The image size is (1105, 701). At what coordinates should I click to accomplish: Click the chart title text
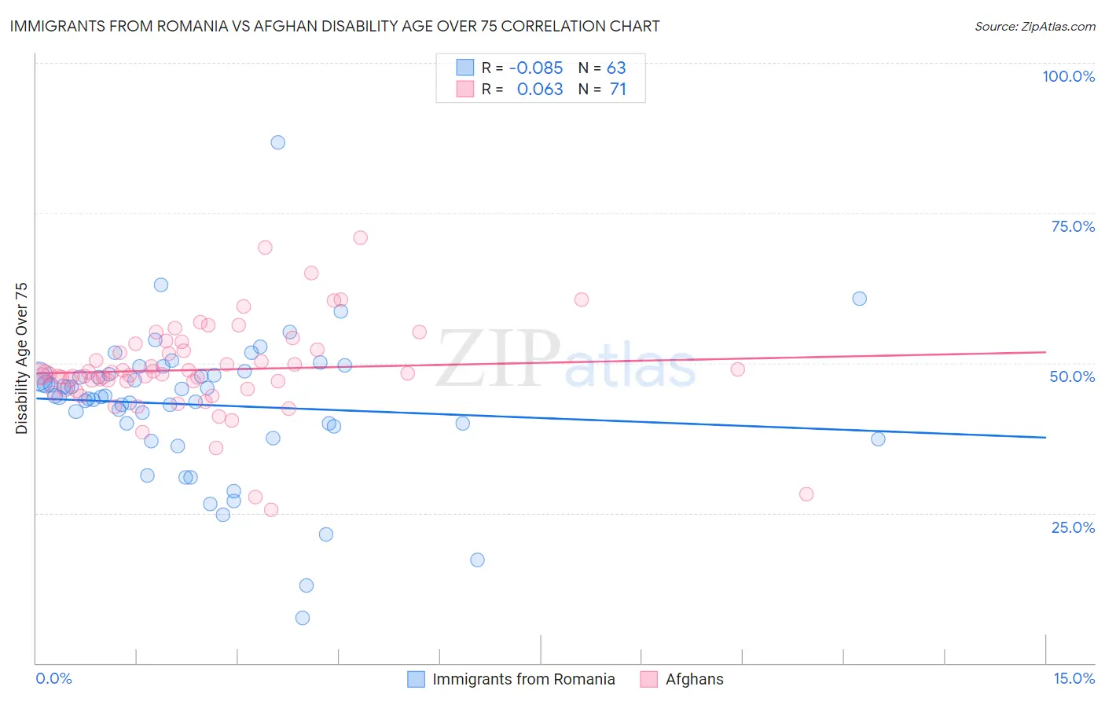pos(335,26)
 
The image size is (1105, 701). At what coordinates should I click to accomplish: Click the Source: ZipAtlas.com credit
pos(1034,26)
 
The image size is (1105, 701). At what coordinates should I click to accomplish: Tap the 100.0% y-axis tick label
pos(1068,76)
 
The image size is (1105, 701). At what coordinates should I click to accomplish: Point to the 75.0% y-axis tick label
pos(1073,226)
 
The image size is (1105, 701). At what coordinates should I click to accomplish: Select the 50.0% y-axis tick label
pos(1072,376)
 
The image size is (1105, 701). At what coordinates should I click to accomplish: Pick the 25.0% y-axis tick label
pos(1073,527)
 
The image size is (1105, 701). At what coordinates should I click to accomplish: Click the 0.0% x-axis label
pos(53,678)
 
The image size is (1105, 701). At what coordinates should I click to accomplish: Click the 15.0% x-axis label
pos(1074,678)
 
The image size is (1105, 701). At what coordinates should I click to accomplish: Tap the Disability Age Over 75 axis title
pos(21,358)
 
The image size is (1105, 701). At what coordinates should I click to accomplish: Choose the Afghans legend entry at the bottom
pos(694,679)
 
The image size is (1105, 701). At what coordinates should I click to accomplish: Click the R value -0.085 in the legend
pos(536,68)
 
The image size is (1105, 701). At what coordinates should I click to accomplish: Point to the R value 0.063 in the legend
pos(540,89)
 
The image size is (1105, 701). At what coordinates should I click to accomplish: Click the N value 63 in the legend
pos(616,68)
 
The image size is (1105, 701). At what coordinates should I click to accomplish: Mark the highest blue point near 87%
pos(277,142)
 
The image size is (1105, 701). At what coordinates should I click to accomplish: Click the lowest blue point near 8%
pos(303,618)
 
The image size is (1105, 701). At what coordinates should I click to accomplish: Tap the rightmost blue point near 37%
pos(878,439)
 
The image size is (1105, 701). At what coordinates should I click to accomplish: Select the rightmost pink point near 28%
pos(806,494)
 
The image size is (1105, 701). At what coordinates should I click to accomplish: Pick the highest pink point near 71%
pos(360,237)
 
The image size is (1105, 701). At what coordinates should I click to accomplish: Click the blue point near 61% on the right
pos(860,299)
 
